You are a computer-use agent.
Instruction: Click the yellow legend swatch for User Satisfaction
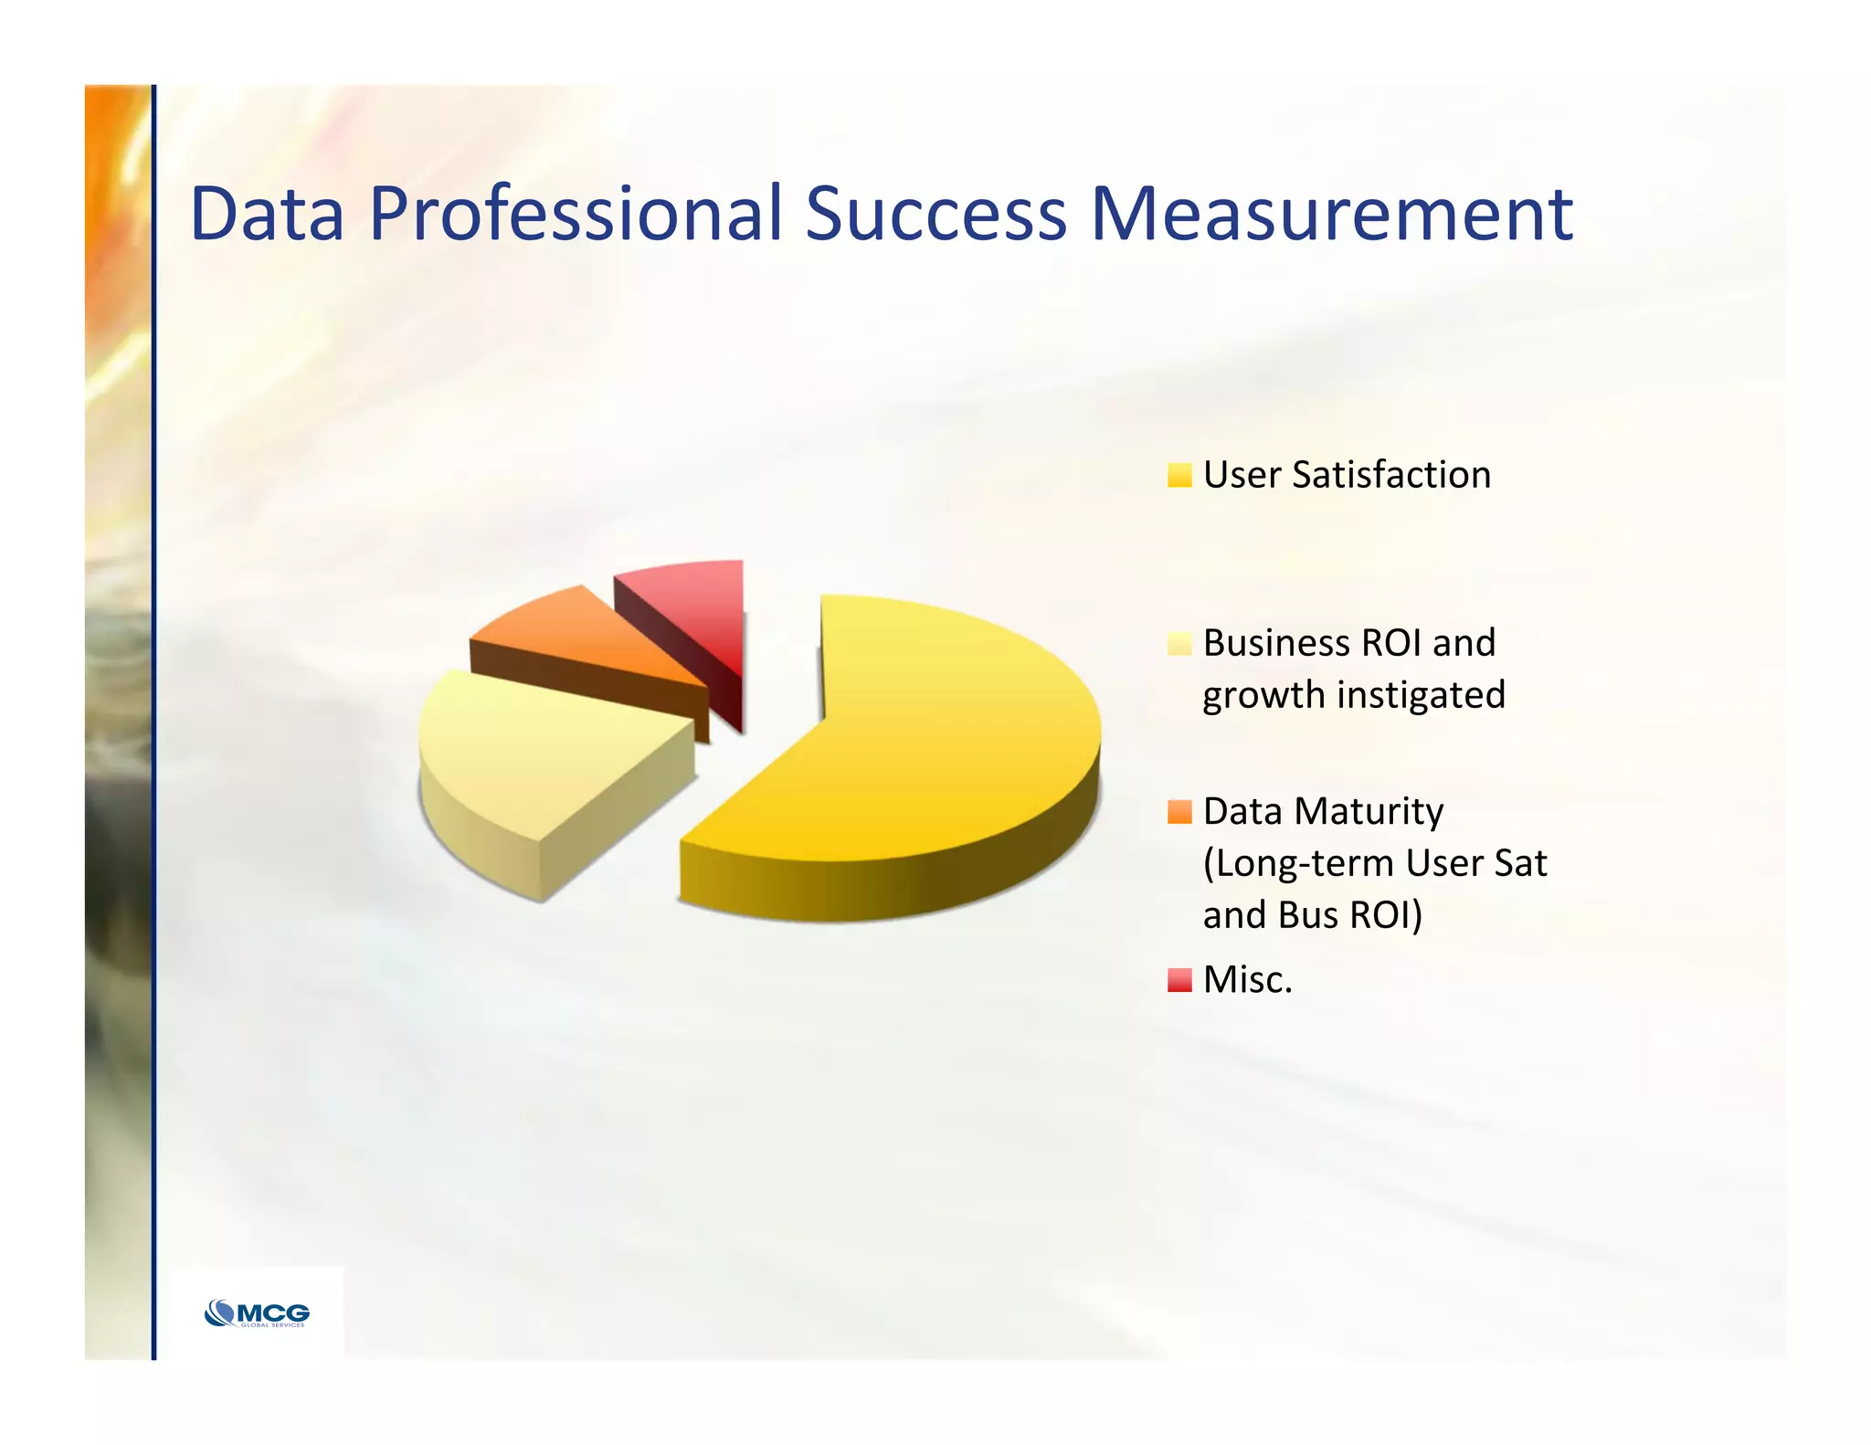tap(1179, 475)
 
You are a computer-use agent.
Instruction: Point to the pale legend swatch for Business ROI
tap(1179, 644)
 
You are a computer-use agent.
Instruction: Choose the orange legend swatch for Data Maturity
tap(1179, 812)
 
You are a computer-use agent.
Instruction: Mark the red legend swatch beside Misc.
tap(1179, 980)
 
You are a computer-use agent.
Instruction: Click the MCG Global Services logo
tap(257, 1313)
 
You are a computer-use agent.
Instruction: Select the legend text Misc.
tap(1247, 980)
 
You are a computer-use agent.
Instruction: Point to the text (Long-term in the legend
tap(1298, 864)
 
